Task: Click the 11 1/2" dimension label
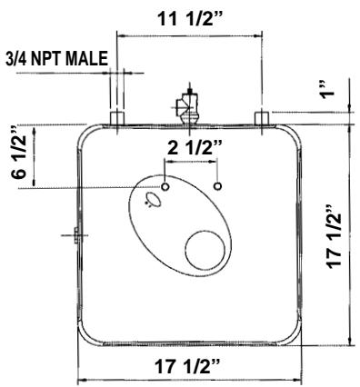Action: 189,16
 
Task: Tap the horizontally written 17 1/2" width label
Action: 190,367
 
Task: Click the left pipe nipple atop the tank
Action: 116,118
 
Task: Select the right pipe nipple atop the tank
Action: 262,118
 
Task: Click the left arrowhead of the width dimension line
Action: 83,380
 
